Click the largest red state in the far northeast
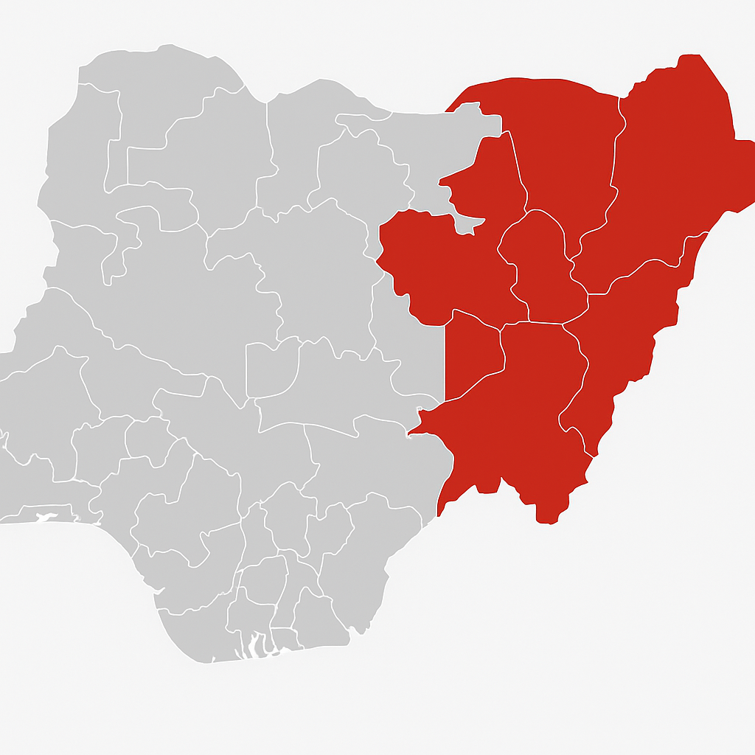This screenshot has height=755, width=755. point(671,170)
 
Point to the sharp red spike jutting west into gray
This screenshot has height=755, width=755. point(442,179)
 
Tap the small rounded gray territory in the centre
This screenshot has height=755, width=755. point(273,369)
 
